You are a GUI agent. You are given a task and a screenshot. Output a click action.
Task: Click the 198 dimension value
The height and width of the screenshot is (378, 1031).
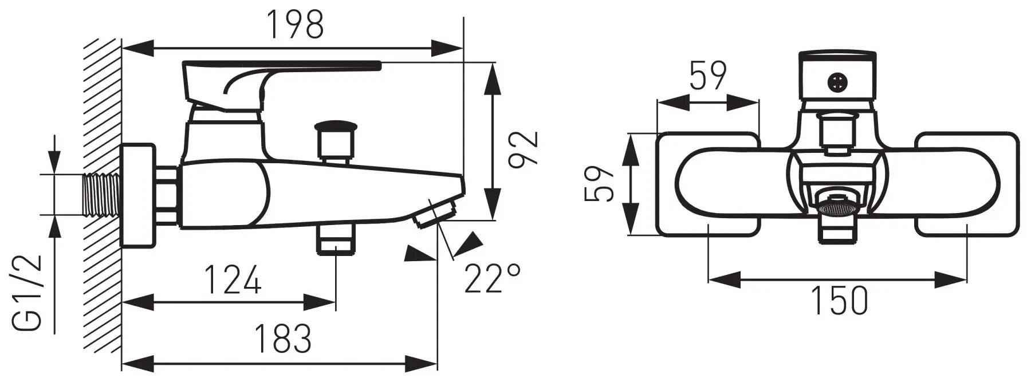296,25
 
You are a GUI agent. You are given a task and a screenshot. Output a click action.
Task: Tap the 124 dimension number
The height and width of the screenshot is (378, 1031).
233,279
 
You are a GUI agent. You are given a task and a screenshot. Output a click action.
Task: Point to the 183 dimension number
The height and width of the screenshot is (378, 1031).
283,338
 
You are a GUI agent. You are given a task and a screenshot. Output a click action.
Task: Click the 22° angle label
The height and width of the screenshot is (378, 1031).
493,278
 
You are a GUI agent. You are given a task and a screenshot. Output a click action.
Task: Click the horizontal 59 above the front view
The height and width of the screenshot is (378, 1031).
708,75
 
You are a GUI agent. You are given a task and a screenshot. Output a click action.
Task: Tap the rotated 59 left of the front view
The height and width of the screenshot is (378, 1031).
599,184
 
